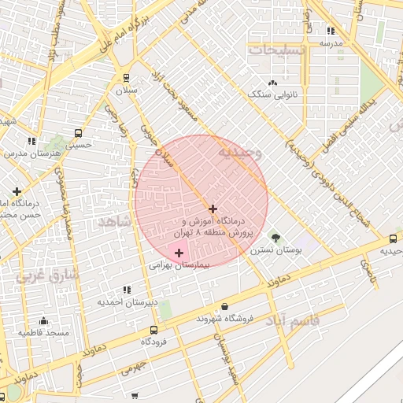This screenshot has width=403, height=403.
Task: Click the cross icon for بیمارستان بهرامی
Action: click(x=179, y=253)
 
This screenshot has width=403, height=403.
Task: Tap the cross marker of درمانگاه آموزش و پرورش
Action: click(x=213, y=208)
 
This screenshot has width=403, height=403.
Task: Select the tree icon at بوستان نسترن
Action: click(x=275, y=237)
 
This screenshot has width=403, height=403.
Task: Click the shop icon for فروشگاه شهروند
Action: click(x=226, y=307)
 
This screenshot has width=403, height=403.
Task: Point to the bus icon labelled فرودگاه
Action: click(x=154, y=330)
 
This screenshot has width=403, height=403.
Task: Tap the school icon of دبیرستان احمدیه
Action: click(x=128, y=290)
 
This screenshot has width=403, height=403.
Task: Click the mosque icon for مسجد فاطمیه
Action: click(x=43, y=321)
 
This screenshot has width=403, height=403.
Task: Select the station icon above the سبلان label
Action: click(x=127, y=77)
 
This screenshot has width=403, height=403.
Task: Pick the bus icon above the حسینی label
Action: click(x=78, y=132)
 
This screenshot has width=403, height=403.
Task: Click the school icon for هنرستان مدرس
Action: click(x=31, y=141)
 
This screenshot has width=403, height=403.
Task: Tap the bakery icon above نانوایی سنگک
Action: click(x=273, y=83)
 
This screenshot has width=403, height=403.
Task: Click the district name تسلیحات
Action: click(x=275, y=49)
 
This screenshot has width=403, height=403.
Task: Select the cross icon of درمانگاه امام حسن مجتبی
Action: click(x=17, y=190)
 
